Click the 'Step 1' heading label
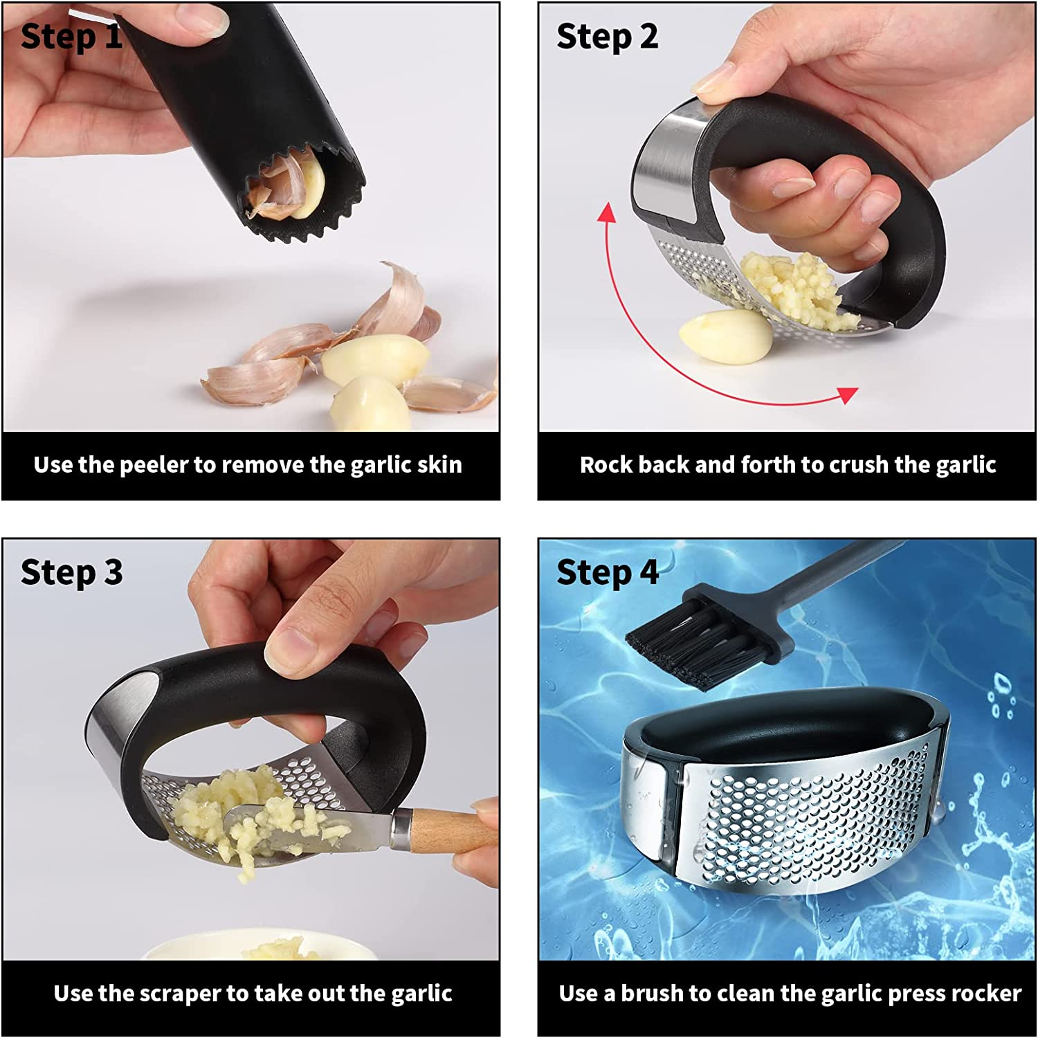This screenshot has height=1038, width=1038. point(71,37)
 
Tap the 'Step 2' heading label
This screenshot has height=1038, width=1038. point(607,37)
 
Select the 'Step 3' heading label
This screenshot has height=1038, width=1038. point(71,573)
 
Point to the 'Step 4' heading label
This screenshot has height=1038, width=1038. point(607,573)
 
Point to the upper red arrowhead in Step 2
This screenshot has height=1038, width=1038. point(607,211)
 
